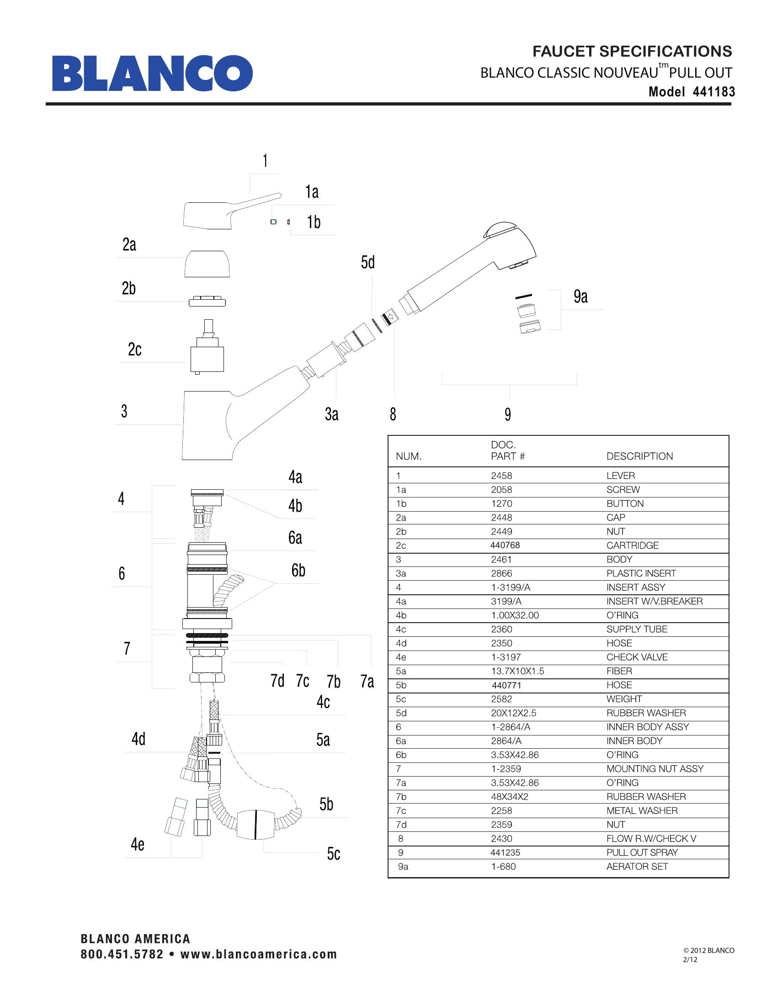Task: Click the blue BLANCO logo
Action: (152, 74)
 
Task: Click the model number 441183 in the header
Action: (713, 92)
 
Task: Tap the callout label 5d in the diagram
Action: (368, 263)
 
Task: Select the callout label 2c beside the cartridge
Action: (134, 350)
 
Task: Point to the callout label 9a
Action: (580, 297)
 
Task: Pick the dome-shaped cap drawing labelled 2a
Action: (207, 264)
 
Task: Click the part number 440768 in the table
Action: (506, 545)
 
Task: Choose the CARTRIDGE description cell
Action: (633, 545)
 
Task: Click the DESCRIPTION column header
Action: (639, 456)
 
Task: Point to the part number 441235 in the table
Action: (506, 853)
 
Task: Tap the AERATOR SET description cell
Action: (637, 867)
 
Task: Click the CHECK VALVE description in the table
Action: (637, 657)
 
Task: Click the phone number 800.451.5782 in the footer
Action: (122, 954)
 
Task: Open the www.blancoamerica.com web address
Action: (259, 954)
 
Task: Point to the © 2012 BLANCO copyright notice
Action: (709, 950)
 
